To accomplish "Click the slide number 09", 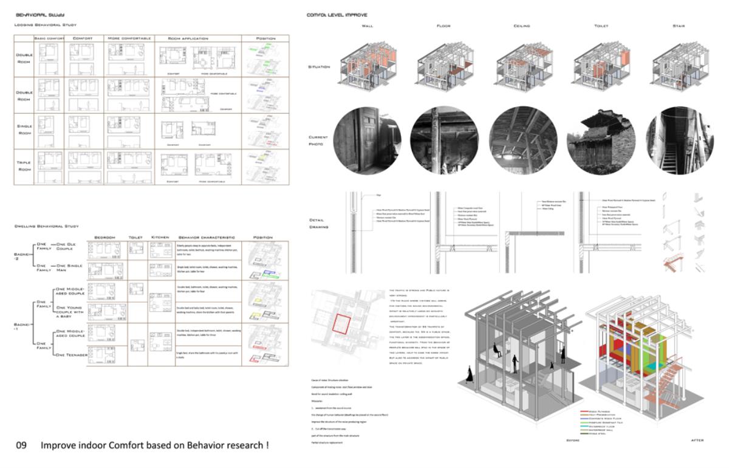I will click(21, 446).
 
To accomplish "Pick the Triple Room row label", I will click(24, 165).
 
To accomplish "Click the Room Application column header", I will click(193, 38).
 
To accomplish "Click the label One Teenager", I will click(72, 354).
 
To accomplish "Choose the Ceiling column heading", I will click(522, 26).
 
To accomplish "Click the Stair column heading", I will click(679, 26).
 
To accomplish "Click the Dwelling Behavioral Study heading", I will click(47, 226).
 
